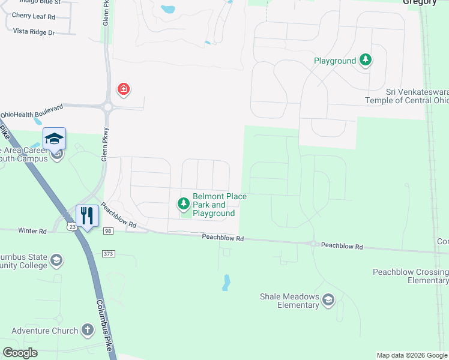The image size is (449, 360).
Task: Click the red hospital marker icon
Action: [x=124, y=90]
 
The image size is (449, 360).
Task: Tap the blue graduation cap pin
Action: [x=54, y=139]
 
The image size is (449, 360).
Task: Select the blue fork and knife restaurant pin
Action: [x=88, y=215]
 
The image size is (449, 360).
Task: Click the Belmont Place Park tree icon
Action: [x=184, y=205]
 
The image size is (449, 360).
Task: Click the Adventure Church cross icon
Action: [x=88, y=330]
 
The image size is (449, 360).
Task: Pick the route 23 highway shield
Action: [x=72, y=227]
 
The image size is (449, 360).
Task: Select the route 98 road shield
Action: [x=108, y=230]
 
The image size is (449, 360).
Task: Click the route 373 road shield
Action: [x=108, y=253]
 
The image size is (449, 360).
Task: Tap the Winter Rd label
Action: [x=32, y=231]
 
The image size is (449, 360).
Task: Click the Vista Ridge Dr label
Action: [x=34, y=31]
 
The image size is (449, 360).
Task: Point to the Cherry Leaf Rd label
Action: [x=34, y=17]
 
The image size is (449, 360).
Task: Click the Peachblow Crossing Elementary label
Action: [x=411, y=276]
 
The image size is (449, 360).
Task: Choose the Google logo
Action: [x=20, y=353]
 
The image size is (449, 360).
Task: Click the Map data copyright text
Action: [x=412, y=355]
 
